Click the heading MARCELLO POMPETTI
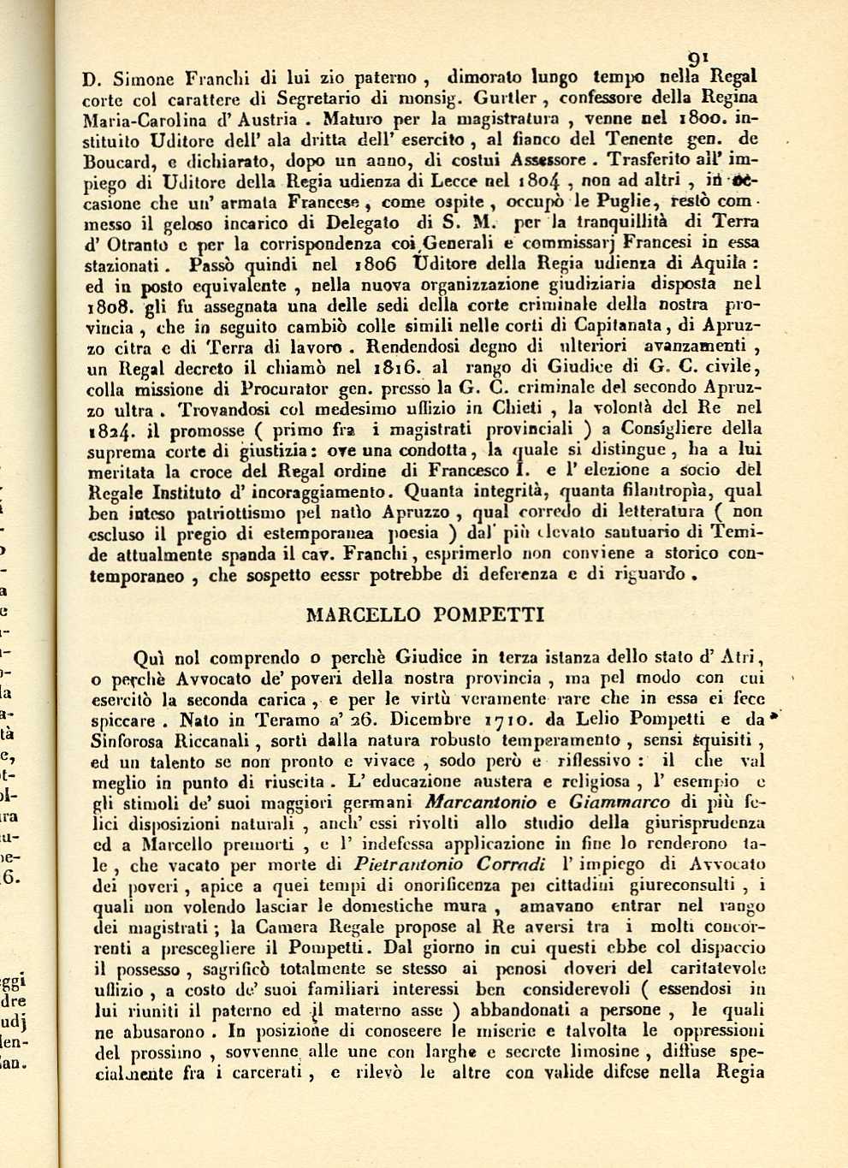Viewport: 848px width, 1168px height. [424, 614]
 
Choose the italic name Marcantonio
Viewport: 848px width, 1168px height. [481, 802]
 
